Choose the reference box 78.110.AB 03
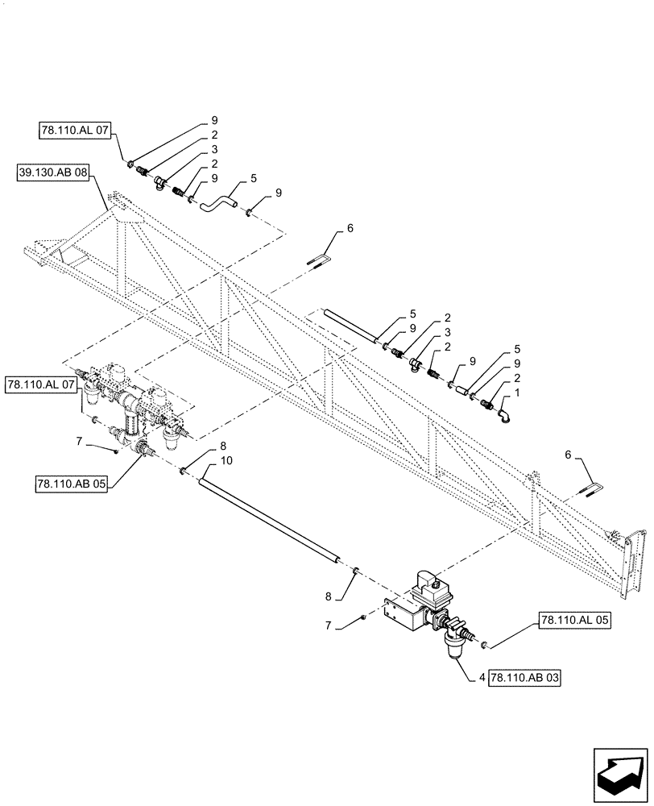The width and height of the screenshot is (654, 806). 523,679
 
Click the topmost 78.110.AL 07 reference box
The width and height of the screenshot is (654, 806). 72,129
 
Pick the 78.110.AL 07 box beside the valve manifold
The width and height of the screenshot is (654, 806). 40,384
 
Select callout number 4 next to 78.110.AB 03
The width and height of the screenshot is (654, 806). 481,679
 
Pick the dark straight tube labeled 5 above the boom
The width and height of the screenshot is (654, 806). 351,326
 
